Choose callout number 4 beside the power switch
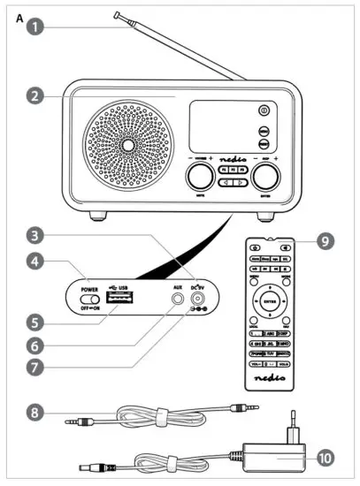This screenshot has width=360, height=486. click(x=34, y=262)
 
